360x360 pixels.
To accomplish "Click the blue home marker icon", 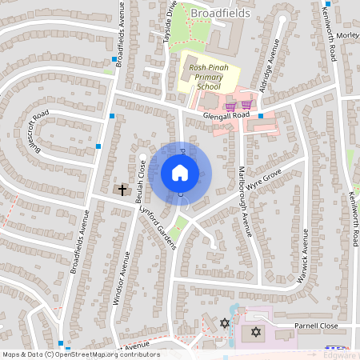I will click(180, 173).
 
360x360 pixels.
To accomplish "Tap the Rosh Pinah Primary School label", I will click(207, 77).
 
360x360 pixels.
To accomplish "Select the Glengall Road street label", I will click(226, 115).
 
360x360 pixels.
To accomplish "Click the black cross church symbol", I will click(122, 190).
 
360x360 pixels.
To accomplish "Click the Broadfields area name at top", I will click(220, 13).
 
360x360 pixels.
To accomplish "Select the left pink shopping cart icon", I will click(230, 106).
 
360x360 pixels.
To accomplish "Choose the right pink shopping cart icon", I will click(246, 105).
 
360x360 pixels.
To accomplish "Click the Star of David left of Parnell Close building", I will click(225, 322).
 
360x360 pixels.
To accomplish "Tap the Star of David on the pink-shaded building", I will click(256, 331).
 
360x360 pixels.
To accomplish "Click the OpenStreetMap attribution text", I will click(80, 354).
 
